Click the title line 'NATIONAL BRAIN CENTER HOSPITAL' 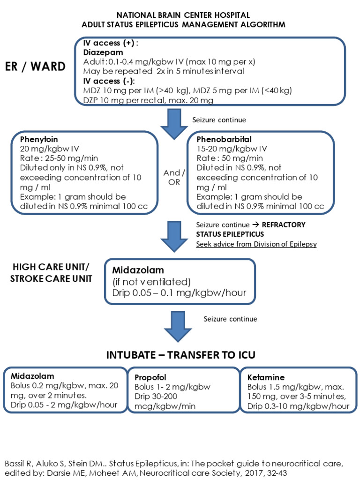(183, 15)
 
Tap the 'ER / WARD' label (36, 67)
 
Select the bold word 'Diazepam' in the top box (100, 53)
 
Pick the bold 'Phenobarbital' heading (224, 139)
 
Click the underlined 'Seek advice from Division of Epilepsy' (256, 244)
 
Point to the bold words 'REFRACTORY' (284, 225)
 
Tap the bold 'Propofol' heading (150, 377)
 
